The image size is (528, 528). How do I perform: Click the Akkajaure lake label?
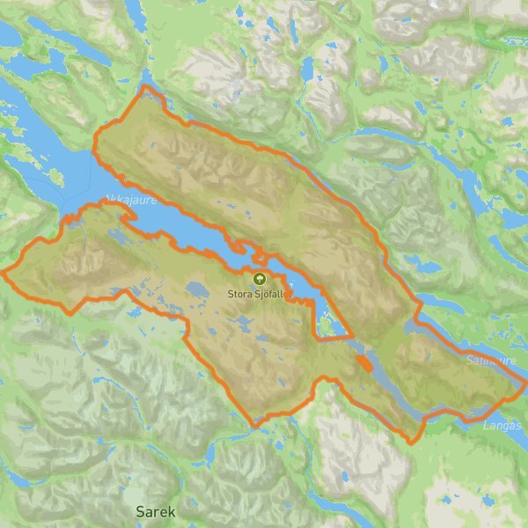(129, 200)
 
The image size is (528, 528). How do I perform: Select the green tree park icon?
(260, 279)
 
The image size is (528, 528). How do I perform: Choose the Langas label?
(502, 425)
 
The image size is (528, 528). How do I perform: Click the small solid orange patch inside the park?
(363, 363)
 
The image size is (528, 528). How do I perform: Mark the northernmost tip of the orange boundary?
(146, 86)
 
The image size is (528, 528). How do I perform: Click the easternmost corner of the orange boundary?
(525, 383)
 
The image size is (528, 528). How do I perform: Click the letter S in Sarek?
(141, 510)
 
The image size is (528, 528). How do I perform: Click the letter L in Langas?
(486, 425)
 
